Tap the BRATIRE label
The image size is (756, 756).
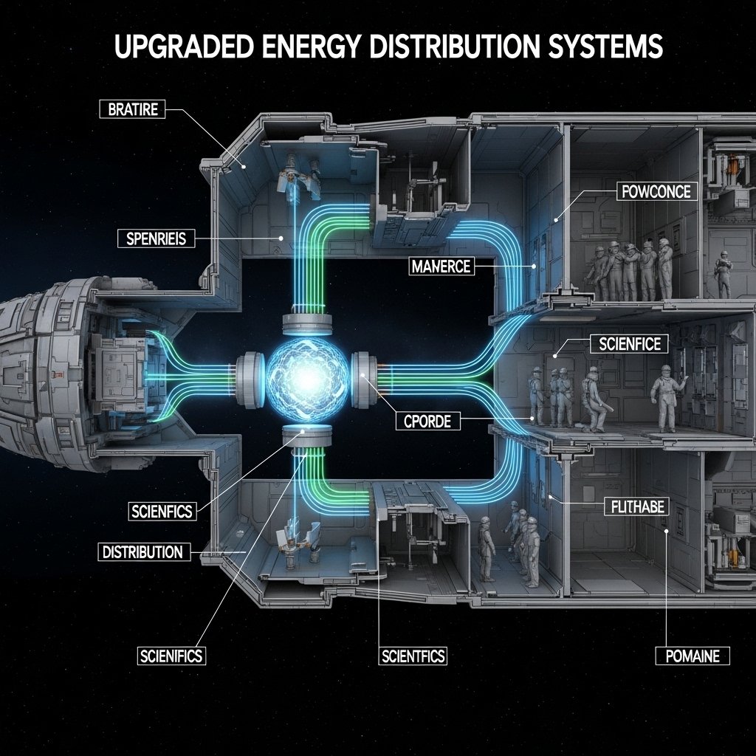tap(132, 110)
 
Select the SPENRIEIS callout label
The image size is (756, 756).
tap(156, 238)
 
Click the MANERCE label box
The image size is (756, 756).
tap(441, 266)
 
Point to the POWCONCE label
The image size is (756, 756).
tap(656, 192)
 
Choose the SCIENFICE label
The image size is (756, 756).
tap(630, 343)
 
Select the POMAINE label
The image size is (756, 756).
tap(693, 655)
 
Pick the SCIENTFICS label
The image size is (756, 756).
tap(413, 655)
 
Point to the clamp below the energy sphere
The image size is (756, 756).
tap(306, 435)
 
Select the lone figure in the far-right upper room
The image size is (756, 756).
tap(724, 274)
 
